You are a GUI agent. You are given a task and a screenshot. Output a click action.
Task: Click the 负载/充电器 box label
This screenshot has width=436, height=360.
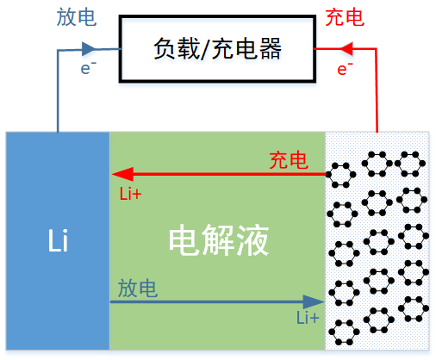(x=217, y=49)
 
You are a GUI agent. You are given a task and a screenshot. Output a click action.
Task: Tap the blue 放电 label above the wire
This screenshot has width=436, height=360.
(x=77, y=17)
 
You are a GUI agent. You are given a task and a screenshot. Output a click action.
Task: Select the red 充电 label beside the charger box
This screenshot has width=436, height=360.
(x=345, y=17)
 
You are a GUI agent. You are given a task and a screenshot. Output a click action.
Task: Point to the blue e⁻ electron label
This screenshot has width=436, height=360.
(x=88, y=68)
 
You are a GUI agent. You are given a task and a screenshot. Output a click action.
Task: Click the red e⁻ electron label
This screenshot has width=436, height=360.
(x=345, y=69)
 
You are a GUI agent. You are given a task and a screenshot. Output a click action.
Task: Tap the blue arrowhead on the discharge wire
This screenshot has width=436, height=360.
(x=89, y=49)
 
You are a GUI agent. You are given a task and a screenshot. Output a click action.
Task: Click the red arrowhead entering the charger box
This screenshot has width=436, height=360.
(x=346, y=49)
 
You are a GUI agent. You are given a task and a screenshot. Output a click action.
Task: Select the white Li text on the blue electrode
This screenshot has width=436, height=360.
(x=58, y=240)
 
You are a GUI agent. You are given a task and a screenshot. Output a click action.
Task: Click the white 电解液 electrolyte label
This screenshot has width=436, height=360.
(x=219, y=240)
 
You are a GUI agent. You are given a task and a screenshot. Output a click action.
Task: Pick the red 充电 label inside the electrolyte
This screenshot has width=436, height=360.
(x=289, y=160)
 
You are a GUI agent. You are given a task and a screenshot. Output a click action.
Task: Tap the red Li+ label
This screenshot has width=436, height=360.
(x=130, y=194)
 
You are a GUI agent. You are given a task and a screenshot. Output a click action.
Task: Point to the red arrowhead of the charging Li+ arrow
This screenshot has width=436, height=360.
(x=122, y=174)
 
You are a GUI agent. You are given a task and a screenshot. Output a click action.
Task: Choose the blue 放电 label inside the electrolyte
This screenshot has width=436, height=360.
(x=138, y=288)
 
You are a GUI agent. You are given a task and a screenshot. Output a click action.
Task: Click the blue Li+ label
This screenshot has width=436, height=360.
(x=308, y=318)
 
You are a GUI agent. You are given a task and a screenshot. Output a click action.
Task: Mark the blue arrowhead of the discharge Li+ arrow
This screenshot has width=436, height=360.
(x=314, y=301)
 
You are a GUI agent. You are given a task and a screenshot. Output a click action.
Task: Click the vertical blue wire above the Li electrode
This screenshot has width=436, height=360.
(x=58, y=91)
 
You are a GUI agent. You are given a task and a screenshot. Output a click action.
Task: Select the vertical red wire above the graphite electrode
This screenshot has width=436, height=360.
(x=377, y=90)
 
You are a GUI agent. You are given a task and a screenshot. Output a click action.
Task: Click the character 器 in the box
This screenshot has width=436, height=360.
(x=270, y=49)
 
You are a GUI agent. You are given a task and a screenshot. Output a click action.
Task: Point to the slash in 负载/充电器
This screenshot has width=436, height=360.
(x=205, y=49)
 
